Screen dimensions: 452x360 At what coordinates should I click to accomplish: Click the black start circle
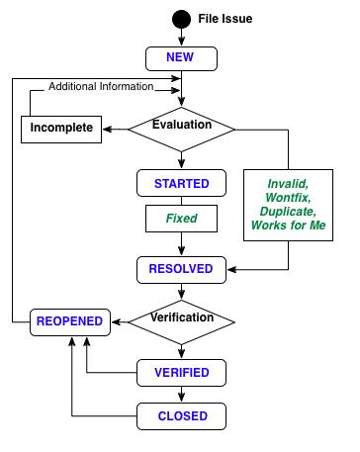(182, 19)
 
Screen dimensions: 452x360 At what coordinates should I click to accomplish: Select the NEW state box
(181, 57)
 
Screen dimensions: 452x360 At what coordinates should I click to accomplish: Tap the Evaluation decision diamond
(182, 127)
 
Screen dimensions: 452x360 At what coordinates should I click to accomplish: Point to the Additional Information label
(101, 87)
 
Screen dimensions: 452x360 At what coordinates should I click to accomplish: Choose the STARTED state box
(181, 183)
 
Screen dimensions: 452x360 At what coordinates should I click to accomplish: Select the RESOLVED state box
(181, 267)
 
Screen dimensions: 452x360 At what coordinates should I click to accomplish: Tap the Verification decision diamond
(182, 318)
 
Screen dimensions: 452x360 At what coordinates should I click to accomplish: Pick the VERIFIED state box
(181, 373)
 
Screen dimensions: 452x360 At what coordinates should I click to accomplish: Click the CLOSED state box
(181, 415)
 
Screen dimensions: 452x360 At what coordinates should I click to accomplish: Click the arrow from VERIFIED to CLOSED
(182, 395)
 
